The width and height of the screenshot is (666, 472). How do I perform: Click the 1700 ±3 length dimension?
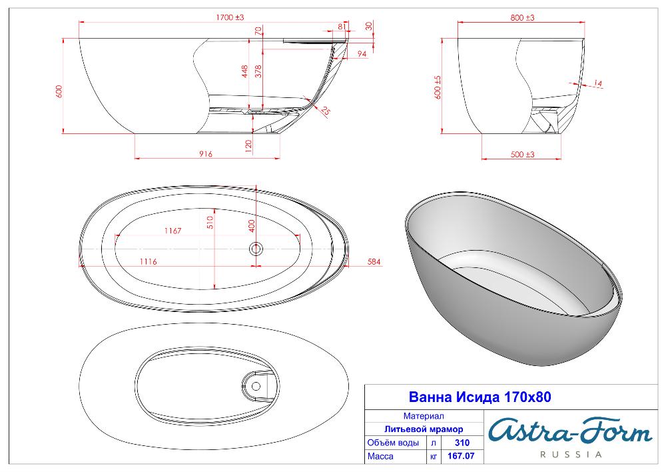[230, 17]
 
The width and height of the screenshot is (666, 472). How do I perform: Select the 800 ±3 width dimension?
[522, 18]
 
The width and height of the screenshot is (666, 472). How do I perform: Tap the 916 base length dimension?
[206, 154]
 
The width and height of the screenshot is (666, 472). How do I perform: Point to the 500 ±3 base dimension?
[522, 155]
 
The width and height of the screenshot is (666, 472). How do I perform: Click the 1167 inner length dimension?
[173, 231]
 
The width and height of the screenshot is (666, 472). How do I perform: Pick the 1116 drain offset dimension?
[149, 261]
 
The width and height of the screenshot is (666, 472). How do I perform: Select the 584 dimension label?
[374, 262]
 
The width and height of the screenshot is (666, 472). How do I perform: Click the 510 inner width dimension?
[210, 223]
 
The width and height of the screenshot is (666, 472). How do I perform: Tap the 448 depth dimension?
[245, 71]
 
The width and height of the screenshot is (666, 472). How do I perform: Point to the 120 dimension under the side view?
[249, 145]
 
